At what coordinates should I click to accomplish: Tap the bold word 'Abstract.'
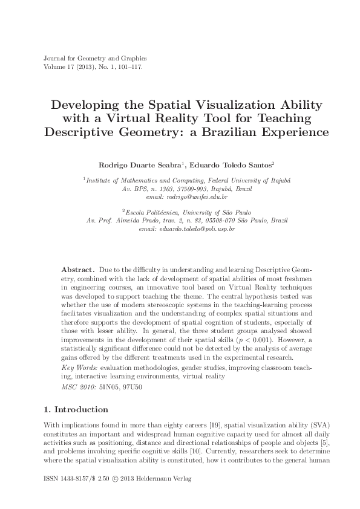click(x=77, y=267)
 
